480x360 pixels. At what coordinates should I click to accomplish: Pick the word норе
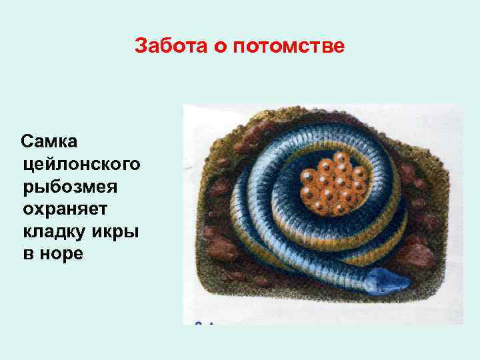click(x=63, y=254)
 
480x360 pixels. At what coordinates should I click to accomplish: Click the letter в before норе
click(x=28, y=254)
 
